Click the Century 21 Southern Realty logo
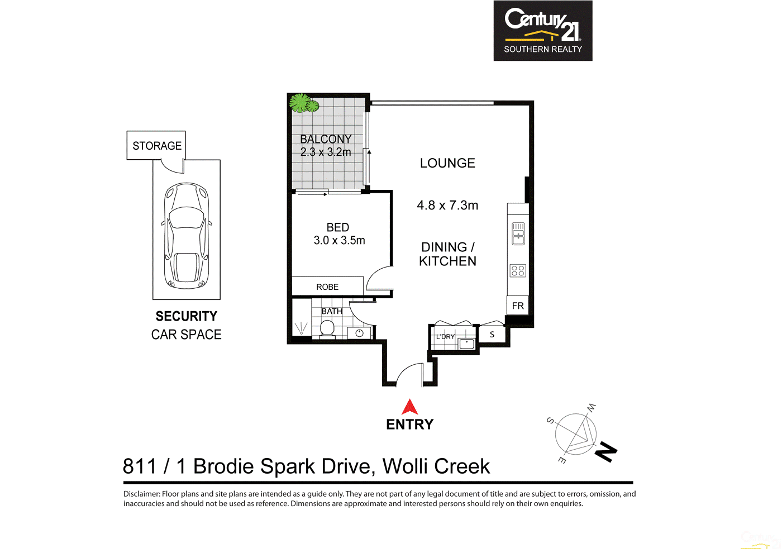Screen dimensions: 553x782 542,31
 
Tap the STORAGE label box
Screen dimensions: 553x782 156,146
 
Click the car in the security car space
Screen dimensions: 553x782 187,236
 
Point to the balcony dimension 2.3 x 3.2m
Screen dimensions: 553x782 326,152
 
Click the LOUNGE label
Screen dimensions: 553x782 447,163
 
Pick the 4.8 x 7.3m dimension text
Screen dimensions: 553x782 447,206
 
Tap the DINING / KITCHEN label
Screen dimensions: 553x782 447,254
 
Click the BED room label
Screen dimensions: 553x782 338,227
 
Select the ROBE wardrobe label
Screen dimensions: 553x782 327,287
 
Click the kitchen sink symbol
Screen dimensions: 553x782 518,233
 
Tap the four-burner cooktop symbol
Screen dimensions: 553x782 518,271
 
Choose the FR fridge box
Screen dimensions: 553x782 518,306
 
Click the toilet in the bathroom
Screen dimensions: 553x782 327,330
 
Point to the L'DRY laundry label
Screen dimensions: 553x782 445,337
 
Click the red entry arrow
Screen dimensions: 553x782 410,407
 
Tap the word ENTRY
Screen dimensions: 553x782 410,425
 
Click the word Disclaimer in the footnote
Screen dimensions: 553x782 141,494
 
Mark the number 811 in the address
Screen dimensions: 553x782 140,466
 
